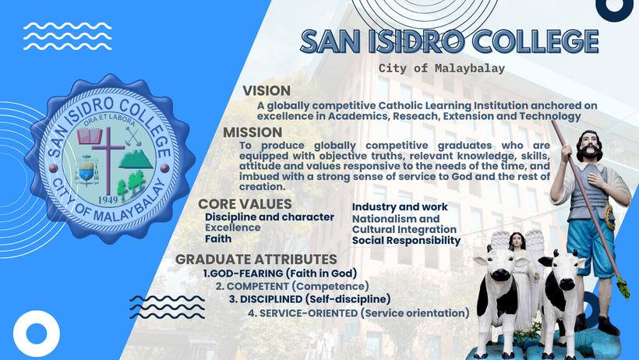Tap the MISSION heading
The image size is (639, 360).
252,132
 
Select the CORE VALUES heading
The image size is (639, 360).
245,204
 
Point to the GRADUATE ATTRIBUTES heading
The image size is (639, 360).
256,259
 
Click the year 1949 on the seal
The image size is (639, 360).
108,199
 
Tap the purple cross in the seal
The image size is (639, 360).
108,159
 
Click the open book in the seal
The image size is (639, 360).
90,136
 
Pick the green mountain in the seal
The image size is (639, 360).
136,159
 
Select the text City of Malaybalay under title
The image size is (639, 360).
442,68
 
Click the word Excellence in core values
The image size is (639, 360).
233,228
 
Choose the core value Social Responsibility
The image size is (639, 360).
406,241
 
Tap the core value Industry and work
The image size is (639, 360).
400,207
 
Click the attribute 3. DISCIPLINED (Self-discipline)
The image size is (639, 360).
309,299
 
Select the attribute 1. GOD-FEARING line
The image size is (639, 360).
280,274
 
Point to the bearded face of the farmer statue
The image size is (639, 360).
589,146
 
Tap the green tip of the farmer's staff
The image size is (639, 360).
623,288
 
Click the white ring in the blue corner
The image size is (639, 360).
37,334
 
